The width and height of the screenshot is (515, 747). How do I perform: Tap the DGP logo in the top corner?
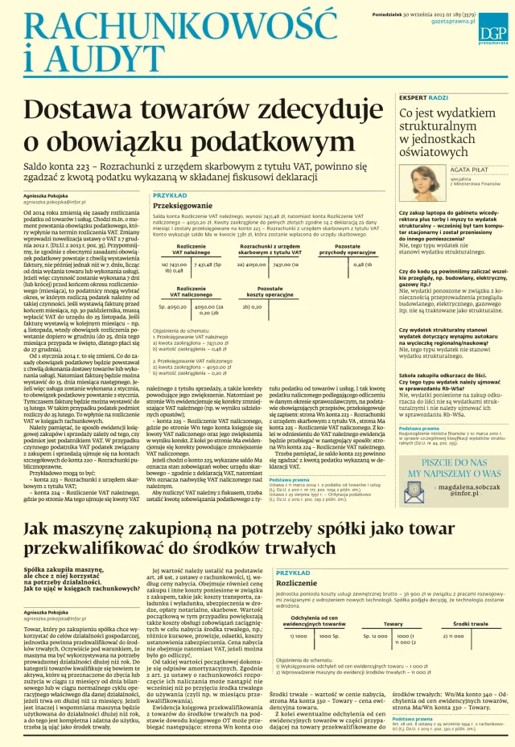tap(492, 31)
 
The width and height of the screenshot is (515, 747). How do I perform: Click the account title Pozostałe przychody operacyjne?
tap(348, 250)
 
